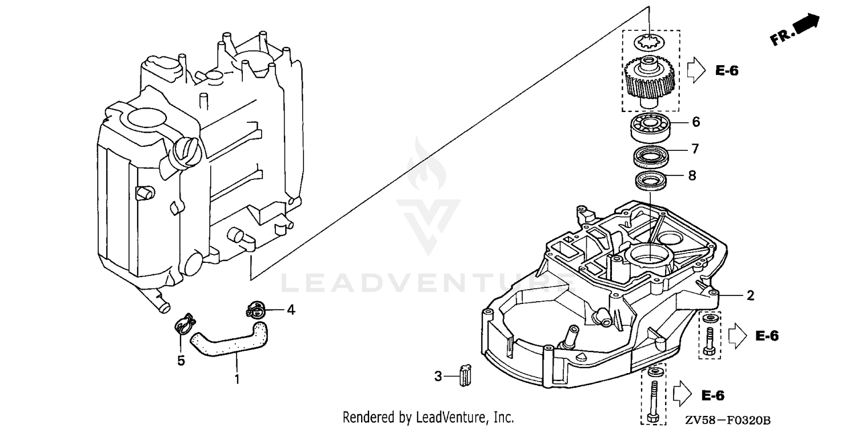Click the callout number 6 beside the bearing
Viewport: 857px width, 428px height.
coord(696,122)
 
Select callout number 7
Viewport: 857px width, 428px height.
coord(695,149)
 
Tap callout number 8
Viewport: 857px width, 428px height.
coord(692,175)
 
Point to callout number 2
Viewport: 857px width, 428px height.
coord(750,295)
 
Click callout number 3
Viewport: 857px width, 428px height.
coord(438,377)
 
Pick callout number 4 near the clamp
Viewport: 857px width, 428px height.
coord(291,310)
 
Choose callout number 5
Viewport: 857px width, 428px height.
coord(181,361)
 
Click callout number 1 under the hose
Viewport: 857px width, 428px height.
coord(237,379)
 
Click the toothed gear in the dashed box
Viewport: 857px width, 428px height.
coord(650,82)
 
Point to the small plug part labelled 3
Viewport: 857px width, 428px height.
coord(465,375)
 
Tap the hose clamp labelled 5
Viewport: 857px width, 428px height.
coord(185,323)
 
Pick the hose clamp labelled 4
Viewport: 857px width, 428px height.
coord(255,310)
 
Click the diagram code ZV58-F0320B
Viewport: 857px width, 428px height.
coord(728,420)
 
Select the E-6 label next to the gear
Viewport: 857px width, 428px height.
coord(727,71)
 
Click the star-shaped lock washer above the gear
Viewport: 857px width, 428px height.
coord(649,42)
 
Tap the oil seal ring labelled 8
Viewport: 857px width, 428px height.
coord(650,181)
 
